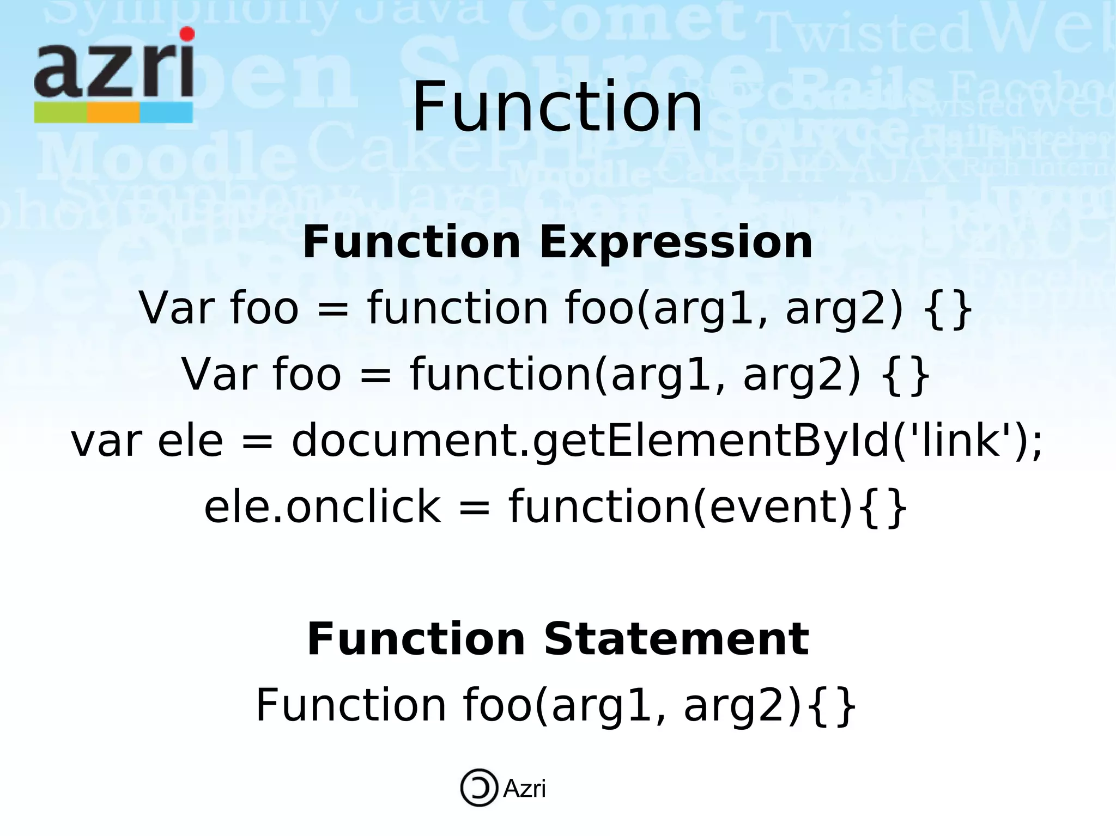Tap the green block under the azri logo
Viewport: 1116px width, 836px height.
(60, 113)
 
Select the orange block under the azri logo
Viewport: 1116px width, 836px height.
(113, 113)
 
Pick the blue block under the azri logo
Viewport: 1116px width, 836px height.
(166, 113)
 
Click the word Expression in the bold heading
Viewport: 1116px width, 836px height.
(676, 243)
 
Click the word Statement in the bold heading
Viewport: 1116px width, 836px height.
(676, 639)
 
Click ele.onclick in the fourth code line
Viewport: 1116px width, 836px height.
(322, 507)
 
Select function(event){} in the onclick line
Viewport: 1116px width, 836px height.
(707, 507)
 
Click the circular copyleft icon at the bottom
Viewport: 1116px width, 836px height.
(479, 788)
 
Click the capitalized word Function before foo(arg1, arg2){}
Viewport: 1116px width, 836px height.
(351, 705)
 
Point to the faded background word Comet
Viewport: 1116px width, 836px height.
(627, 22)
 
